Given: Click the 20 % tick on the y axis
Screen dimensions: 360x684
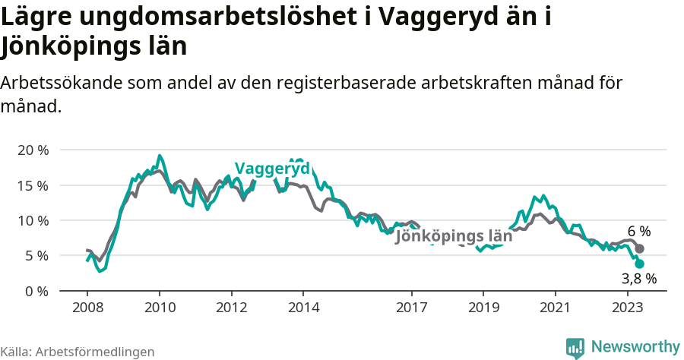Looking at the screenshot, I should coord(32,150).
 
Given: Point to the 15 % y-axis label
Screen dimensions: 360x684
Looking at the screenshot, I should coord(32,185).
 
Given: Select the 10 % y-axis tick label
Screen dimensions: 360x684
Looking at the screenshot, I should coord(32,220).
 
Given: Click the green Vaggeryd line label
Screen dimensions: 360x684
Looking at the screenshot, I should coord(271,169).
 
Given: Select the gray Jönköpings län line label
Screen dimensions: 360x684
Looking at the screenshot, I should coord(454,236).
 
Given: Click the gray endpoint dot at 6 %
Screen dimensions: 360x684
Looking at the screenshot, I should coord(640,249).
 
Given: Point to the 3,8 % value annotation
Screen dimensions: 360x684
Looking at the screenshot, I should coord(638,279).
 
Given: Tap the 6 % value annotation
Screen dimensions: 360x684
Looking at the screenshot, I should coord(639,231).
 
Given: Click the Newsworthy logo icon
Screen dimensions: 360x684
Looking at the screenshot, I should coord(575,347).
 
